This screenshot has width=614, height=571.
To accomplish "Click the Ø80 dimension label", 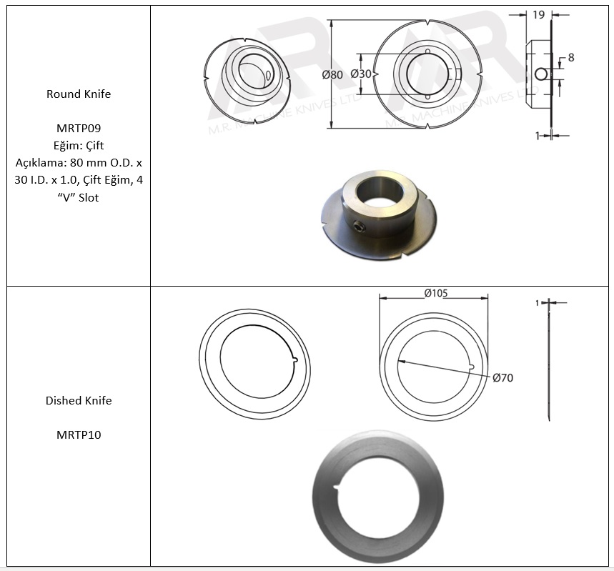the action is coord(332,74).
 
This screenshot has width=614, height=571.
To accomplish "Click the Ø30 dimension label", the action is coord(361,74).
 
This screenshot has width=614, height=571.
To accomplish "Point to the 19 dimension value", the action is coord(539,15).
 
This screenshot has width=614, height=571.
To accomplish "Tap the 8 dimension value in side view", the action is coord(571,58).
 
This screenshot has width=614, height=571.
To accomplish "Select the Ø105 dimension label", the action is coord(436,293).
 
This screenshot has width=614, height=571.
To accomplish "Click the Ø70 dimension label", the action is coord(502,378).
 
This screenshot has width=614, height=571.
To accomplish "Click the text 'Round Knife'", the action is coord(79,94).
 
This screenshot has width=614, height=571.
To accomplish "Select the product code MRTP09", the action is coord(79,128).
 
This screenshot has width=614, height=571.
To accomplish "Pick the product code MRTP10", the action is coord(79,435).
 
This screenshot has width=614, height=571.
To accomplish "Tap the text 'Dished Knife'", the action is coord(79,401).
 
